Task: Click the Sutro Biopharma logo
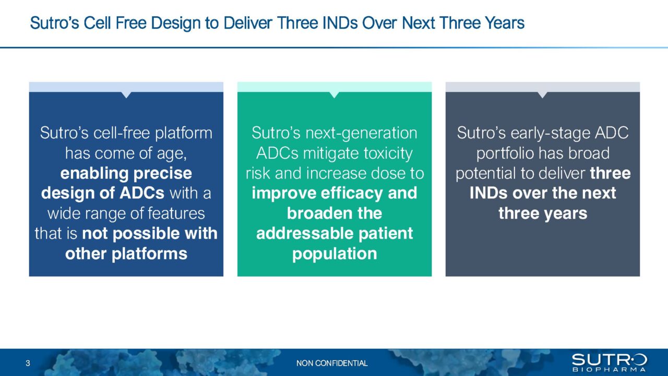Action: click(x=609, y=362)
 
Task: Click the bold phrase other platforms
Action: click(x=126, y=254)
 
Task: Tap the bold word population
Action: click(x=334, y=254)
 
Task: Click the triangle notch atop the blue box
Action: click(x=126, y=95)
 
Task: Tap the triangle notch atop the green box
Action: click(x=334, y=95)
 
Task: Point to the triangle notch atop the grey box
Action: click(x=542, y=95)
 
